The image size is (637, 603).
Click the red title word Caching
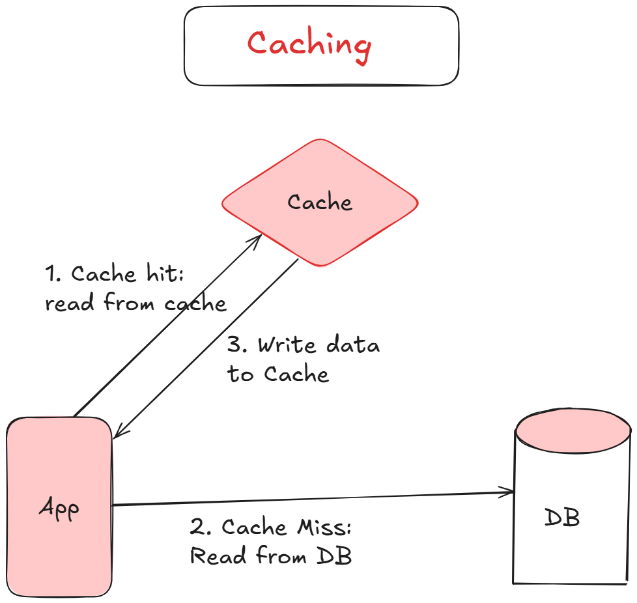(309, 44)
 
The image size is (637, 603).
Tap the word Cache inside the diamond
(320, 203)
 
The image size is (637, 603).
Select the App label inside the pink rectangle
(59, 508)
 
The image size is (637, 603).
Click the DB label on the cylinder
(561, 518)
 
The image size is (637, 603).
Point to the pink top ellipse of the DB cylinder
(573, 430)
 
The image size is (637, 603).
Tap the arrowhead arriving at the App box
(118, 433)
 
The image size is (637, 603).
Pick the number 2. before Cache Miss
(199, 527)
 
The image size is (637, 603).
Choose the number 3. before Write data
(237, 345)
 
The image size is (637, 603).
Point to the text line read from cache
(135, 303)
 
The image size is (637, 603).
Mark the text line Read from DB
(270, 556)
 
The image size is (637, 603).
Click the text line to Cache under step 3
(278, 374)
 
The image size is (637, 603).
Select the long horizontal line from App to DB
(313, 499)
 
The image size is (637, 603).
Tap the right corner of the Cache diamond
(415, 203)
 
